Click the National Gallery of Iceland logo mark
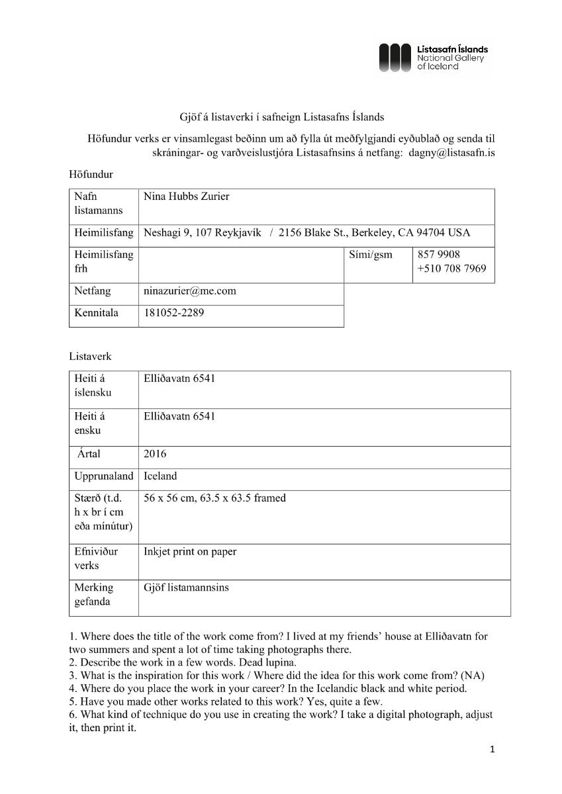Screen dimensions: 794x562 [x=397, y=58]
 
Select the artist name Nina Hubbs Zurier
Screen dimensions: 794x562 [x=187, y=197]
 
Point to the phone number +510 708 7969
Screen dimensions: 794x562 [x=451, y=269]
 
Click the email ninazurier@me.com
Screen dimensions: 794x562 [x=190, y=291]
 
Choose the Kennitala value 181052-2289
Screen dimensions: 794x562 [x=174, y=313]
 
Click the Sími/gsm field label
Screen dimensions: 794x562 [x=370, y=255]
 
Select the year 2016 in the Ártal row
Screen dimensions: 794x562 [x=156, y=454]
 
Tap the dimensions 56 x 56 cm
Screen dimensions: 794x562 [x=174, y=498]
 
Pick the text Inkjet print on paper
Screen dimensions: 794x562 [x=190, y=551]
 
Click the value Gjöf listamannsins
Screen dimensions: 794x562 [x=186, y=587]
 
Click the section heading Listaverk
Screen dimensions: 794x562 [x=91, y=356]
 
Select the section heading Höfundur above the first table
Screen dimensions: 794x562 [x=91, y=175]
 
